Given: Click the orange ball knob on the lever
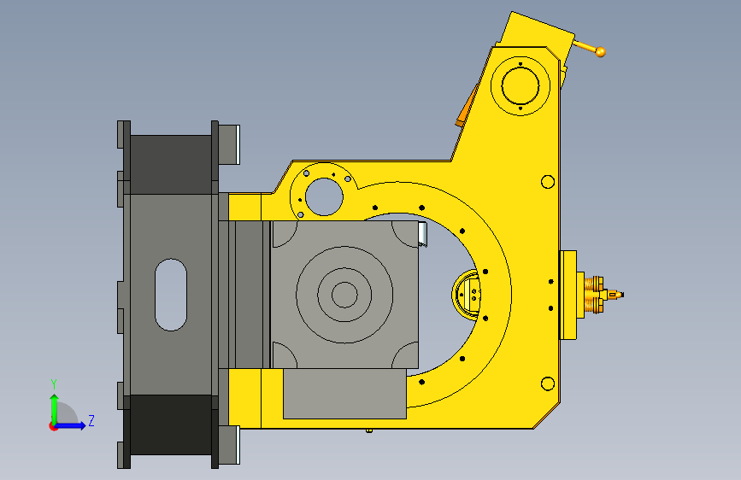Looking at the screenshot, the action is coord(600,52).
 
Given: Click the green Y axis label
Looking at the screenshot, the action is coord(54,383).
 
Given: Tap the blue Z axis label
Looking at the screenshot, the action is coord(91,420).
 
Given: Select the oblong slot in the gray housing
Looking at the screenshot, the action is coord(171,295).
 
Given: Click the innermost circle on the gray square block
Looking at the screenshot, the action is coord(344,295).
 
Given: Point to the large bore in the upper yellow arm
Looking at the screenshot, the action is coord(520,86).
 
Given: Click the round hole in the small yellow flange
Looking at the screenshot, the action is coord(324,196).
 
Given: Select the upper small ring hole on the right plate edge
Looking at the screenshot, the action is coord(548,182).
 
